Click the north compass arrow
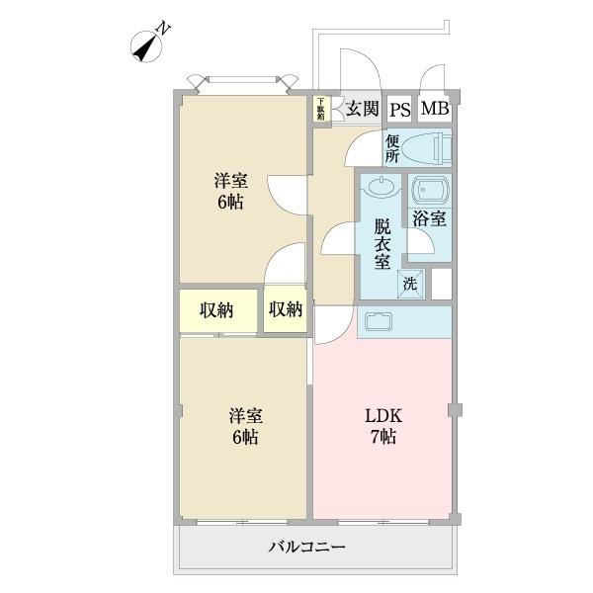pos(149,45)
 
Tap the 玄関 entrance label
pos(363,109)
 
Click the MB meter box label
pos(435,109)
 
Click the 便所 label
pos(392,147)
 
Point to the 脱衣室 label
pos(381,243)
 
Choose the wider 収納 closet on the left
pos(217,310)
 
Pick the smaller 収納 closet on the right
pos(285,310)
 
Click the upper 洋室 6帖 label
pos(230,192)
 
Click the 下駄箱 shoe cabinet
pos(321,109)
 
